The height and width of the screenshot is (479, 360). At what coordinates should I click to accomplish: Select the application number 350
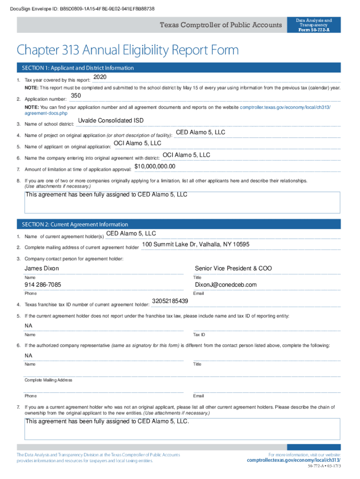pos(75,96)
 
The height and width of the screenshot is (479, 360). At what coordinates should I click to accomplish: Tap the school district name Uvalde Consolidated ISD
pos(111,121)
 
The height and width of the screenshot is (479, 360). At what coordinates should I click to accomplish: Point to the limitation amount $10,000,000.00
pos(155,167)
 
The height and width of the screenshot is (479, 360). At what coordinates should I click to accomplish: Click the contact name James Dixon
pos(42,269)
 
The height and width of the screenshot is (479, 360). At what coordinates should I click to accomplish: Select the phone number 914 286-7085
pos(43,285)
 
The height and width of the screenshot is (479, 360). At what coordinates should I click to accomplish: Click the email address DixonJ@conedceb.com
pos(226,285)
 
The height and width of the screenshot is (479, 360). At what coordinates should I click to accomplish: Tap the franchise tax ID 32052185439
pos(170,301)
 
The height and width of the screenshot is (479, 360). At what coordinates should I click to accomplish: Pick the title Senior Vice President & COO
pos(233,269)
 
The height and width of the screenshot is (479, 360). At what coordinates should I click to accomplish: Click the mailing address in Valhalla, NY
pos(196,245)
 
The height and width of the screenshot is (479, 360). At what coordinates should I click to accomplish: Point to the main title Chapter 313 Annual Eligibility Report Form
pos(128,50)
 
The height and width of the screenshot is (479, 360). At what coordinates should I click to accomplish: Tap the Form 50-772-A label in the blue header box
pos(314,30)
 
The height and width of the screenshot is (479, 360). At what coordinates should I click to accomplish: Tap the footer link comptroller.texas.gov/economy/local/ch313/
pos(294,460)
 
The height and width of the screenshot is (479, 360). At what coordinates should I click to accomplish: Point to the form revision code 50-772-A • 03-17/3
pos(324,467)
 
